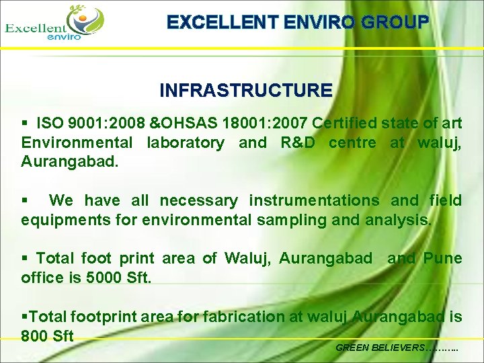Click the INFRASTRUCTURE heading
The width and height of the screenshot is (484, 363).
(x=246, y=90)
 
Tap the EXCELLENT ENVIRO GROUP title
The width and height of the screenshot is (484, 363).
(x=297, y=22)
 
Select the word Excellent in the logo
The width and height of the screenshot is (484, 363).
(x=36, y=28)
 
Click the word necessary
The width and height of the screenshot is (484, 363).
(x=198, y=200)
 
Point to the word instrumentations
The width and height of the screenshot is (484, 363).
(x=314, y=200)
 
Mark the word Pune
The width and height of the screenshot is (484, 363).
(x=442, y=258)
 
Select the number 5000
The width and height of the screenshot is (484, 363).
(x=104, y=277)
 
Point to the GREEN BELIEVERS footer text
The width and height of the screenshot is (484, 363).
(x=397, y=348)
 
